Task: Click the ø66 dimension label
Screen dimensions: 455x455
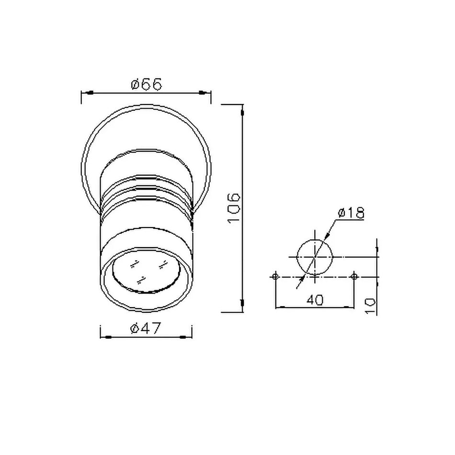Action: coord(146,84)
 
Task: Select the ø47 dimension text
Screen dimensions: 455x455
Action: coord(146,329)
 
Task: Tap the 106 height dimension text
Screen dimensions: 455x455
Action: coord(234,208)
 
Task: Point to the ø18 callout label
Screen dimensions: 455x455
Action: coord(351,213)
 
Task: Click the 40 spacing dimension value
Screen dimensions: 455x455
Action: coord(315,300)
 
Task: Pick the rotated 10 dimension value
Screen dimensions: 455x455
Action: coord(371,306)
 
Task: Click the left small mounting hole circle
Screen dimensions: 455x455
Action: coord(275,276)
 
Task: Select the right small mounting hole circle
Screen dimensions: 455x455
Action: coord(354,276)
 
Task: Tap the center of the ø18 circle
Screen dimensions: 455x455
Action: coord(315,257)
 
